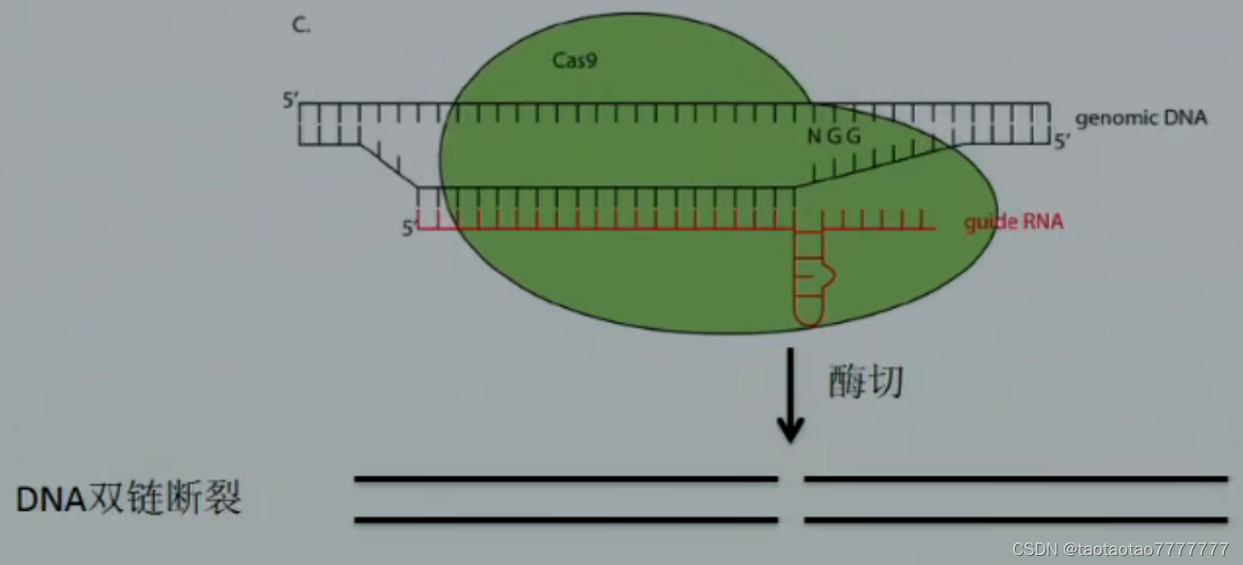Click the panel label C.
pos(300,26)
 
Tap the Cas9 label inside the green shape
pos(575,61)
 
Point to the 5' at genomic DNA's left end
pos(289,100)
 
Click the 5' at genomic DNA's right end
pos(1062,140)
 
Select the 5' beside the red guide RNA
pos(410,229)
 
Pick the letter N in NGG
pos(814,137)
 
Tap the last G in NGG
pos(853,137)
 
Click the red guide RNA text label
pos(1012,222)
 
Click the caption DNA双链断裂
pos(129,499)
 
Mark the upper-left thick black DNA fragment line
pos(566,478)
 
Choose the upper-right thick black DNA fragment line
pos(1015,478)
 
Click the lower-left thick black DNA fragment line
pos(566,520)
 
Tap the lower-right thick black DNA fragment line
pos(1015,520)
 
